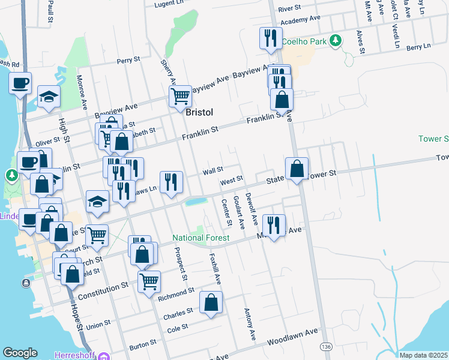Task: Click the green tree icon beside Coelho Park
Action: [x=336, y=41]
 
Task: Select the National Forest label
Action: [x=201, y=238]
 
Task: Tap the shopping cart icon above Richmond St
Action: [x=149, y=280]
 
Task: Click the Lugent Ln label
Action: [x=169, y=4]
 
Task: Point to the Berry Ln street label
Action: [x=418, y=46]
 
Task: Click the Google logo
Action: [x=20, y=353]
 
